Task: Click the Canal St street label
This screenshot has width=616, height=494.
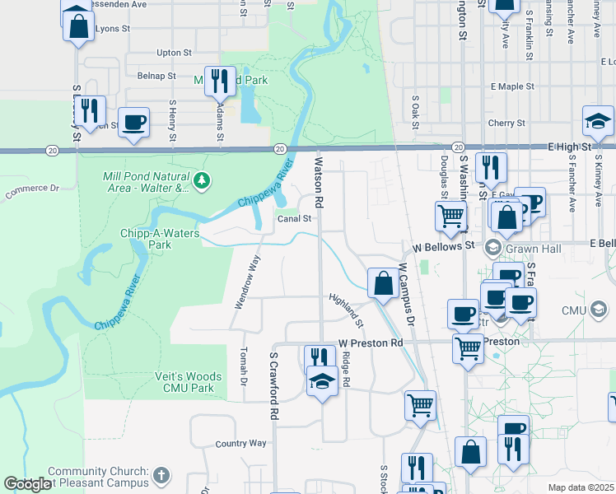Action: tap(294, 219)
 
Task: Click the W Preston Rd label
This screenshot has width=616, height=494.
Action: tap(371, 343)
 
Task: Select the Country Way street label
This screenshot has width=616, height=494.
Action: tap(240, 443)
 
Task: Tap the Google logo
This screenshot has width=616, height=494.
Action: tap(26, 485)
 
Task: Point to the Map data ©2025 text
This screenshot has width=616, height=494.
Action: tap(581, 487)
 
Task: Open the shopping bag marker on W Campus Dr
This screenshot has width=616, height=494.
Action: tap(382, 284)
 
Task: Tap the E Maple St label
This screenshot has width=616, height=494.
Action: tap(512, 86)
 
